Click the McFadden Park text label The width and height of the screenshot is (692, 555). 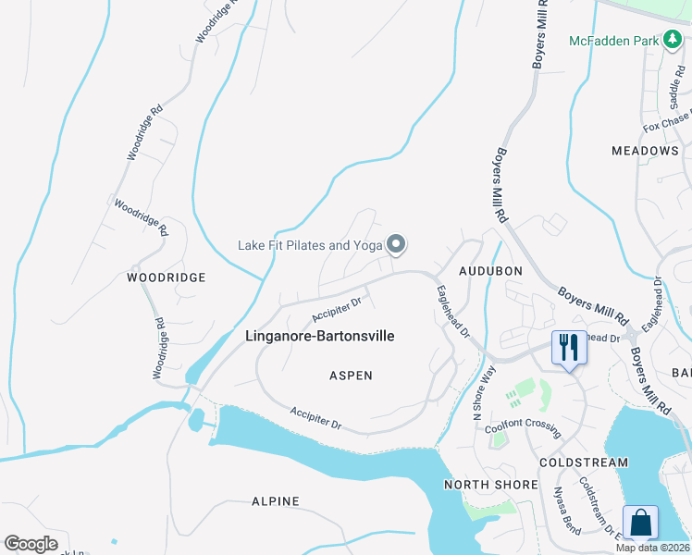[612, 41]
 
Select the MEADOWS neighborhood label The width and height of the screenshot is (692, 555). [645, 151]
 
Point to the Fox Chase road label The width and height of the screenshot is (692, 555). [665, 125]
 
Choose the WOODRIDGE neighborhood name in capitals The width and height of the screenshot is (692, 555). [167, 277]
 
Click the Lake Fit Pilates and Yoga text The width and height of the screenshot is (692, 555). [309, 245]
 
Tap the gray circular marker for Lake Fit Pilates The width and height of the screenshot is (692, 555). [396, 245]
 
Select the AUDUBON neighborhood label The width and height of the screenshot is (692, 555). [491, 270]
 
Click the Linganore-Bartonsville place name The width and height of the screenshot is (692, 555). [320, 336]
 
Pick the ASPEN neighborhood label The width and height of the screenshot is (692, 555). [351, 376]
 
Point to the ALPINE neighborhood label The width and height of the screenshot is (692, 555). [276, 501]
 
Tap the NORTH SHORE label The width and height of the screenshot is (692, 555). [490, 485]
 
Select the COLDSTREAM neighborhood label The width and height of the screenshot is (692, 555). [586, 462]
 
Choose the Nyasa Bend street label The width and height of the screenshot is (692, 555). [565, 506]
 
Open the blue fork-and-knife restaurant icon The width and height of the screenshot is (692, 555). [568, 349]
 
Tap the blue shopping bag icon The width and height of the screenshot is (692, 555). [640, 524]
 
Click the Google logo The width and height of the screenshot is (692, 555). [31, 544]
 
